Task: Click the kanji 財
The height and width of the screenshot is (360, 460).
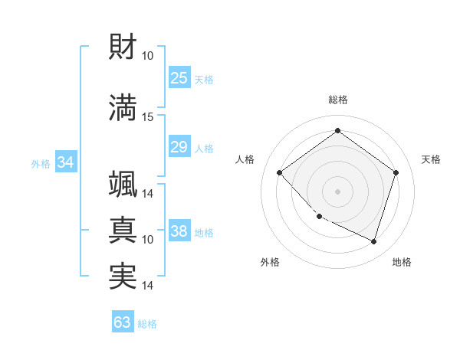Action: click(x=123, y=48)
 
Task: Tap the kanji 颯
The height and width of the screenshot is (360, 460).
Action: click(x=123, y=184)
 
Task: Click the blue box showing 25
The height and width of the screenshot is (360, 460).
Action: click(x=179, y=78)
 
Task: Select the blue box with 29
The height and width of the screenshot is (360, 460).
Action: click(x=179, y=147)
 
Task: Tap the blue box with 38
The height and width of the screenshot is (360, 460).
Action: click(x=179, y=231)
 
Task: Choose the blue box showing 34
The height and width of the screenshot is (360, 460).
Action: click(x=65, y=162)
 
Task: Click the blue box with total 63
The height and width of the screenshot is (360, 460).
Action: click(x=123, y=322)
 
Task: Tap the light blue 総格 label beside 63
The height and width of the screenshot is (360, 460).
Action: click(x=147, y=324)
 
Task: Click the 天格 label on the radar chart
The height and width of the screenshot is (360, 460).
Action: click(x=432, y=159)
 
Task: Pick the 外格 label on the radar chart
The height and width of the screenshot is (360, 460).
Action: click(x=270, y=262)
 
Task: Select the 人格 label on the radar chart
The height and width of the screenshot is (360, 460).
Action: click(x=245, y=159)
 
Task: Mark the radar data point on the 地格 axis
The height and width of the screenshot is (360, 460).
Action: click(x=374, y=242)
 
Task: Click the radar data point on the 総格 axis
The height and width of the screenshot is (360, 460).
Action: click(x=337, y=131)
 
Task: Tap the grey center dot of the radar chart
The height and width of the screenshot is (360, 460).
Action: click(x=337, y=191)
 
